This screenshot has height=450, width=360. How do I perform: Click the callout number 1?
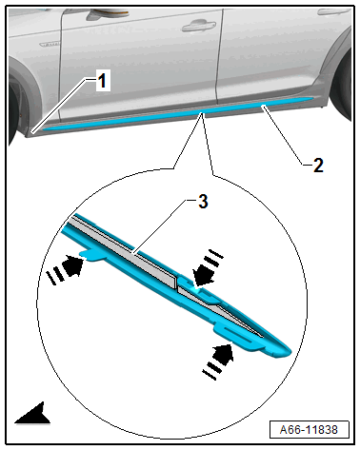click(x=102, y=81)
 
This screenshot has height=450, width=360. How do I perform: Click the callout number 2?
click(x=318, y=166)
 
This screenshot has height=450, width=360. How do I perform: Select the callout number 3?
click(x=203, y=202)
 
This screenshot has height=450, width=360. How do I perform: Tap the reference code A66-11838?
click(x=309, y=430)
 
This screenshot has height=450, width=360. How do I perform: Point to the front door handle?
click(x=199, y=26)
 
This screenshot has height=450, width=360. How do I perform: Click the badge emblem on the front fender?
click(x=50, y=44)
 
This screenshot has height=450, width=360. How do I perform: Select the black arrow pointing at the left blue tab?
click(x=73, y=266)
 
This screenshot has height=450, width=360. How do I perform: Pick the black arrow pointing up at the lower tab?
click(x=223, y=355)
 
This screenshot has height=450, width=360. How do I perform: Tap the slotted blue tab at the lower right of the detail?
click(x=239, y=337)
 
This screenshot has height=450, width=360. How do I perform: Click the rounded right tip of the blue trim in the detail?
click(x=286, y=351)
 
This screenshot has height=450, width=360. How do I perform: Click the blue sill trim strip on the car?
click(x=178, y=114)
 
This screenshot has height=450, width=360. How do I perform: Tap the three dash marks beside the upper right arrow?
click(x=213, y=258)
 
